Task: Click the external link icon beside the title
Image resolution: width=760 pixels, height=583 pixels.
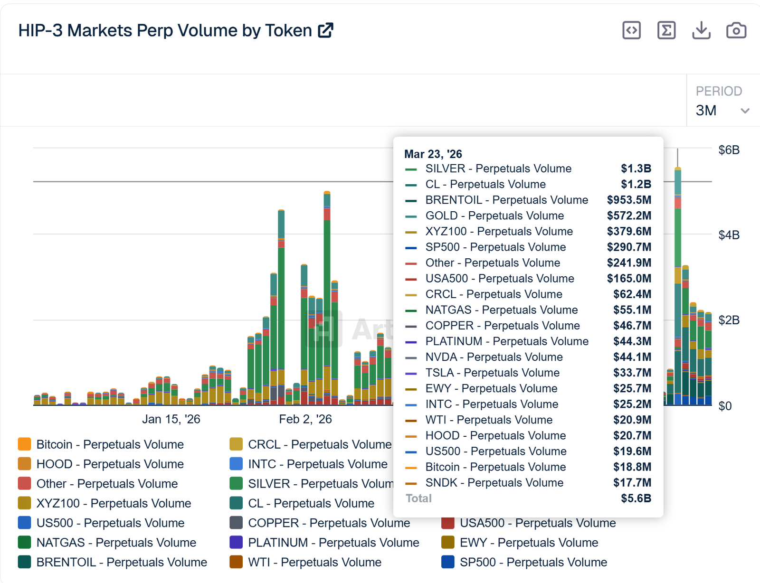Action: [326, 30]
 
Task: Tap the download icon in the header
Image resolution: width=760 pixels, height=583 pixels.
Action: [701, 30]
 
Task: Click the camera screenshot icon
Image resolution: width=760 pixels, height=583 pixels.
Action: [736, 30]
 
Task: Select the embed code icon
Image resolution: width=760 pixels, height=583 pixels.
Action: [631, 30]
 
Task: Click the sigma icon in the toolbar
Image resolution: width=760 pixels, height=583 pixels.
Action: [666, 30]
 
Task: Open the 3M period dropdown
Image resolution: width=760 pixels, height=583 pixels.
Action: [722, 111]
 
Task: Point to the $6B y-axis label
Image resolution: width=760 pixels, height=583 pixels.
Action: [729, 150]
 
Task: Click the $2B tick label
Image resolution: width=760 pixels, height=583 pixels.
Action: [729, 320]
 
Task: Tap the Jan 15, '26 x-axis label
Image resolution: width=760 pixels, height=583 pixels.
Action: [171, 419]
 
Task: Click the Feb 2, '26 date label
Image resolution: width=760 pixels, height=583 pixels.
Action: [305, 419]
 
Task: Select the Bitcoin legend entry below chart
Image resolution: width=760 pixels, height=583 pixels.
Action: [110, 444]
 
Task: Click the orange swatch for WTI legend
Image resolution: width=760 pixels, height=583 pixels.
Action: [236, 562]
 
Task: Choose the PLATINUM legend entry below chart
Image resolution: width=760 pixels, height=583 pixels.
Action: [333, 543]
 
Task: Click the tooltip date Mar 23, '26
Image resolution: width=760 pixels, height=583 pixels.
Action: [433, 154]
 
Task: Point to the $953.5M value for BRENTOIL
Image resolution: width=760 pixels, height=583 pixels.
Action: [628, 200]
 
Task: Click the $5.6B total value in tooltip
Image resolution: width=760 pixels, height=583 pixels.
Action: [636, 498]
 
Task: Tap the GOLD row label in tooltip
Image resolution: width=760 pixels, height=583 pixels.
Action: [494, 216]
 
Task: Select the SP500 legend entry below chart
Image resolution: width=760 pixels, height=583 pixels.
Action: [533, 562]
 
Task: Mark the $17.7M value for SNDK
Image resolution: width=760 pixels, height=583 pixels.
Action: [632, 483]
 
